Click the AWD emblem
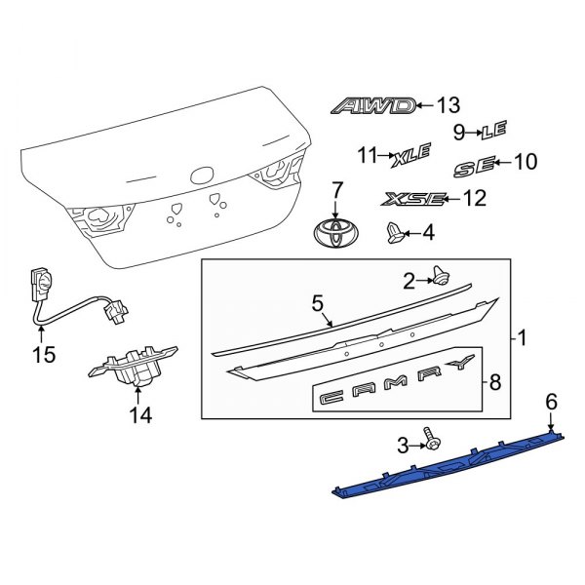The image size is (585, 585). coord(373,106)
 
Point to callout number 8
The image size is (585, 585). coord(494,383)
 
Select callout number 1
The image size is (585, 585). coord(523,339)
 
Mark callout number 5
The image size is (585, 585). coord(316,303)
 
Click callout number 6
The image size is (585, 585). coord(551,401)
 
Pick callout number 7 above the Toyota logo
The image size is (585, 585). coord(337,188)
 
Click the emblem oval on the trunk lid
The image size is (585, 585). coord(203,177)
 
